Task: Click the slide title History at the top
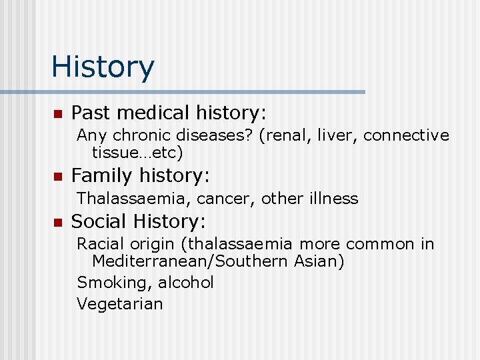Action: pyautogui.click(x=103, y=67)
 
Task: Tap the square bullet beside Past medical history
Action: pyautogui.click(x=57, y=113)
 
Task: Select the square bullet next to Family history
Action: pyautogui.click(x=57, y=177)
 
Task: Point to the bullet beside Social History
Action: pyautogui.click(x=57, y=221)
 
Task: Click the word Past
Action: pyautogui.click(x=91, y=113)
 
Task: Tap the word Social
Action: pyautogui.click(x=99, y=221)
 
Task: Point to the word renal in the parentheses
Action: pyautogui.click(x=281, y=135)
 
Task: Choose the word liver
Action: pyautogui.click(x=336, y=135)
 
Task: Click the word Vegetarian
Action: pyautogui.click(x=120, y=304)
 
